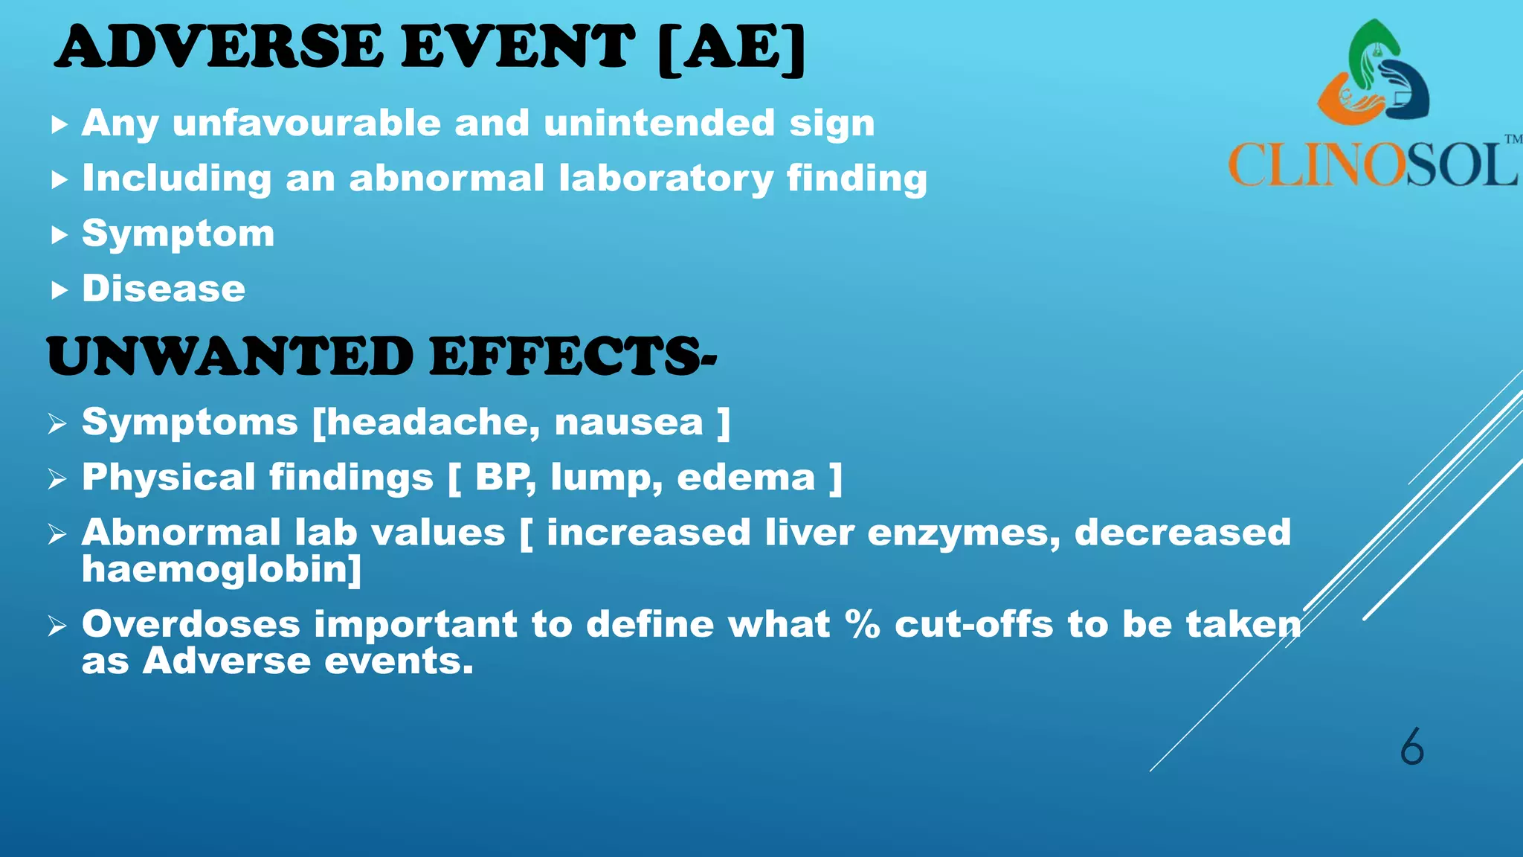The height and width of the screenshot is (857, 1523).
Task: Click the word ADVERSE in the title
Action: pos(219,47)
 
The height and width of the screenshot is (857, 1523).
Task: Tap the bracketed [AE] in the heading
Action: pos(732,49)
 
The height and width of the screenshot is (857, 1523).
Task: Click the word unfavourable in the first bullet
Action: pos(306,123)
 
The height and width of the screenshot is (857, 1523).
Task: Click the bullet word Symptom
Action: pos(178,234)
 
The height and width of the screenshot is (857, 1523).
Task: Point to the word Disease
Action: pos(164,289)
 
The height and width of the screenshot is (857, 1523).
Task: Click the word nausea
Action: pos(629,423)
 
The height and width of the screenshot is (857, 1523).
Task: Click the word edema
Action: pos(746,478)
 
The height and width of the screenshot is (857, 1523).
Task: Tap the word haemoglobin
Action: pos(221,570)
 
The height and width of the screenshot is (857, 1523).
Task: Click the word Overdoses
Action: pos(191,624)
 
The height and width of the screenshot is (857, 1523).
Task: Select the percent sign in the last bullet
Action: pos(863,624)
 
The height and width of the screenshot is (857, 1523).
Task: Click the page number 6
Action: pos(1411,747)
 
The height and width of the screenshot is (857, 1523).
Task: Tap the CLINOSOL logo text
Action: pos(1373,164)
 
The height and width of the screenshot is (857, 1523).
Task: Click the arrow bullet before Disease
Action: pos(59,290)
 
